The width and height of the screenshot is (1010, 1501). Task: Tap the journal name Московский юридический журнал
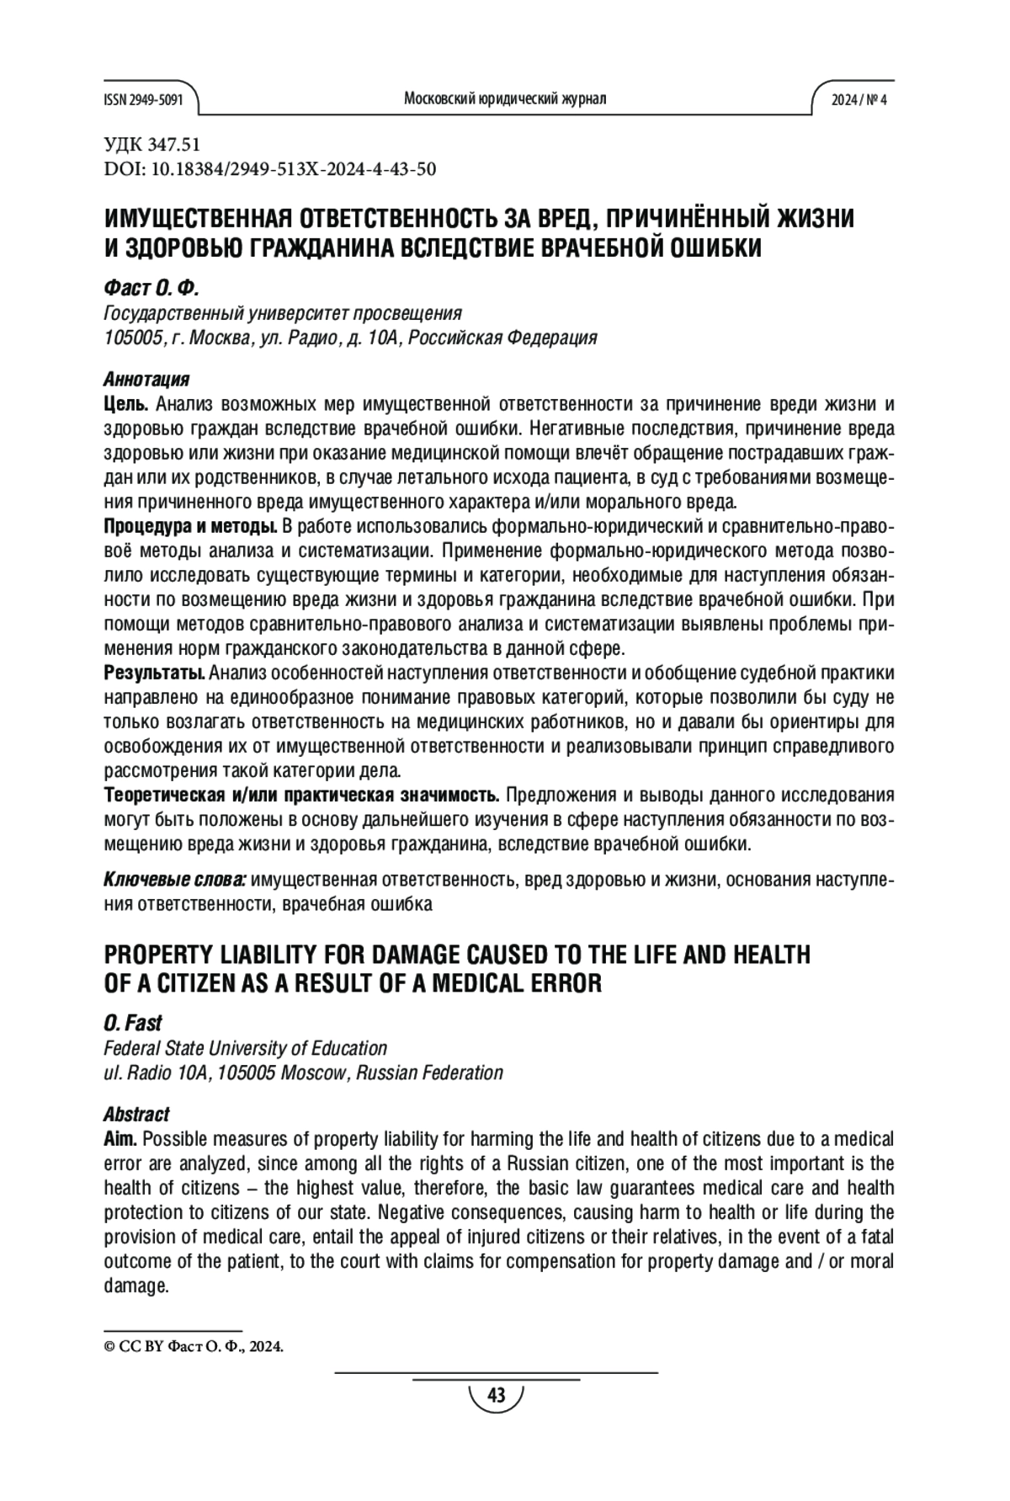(x=505, y=99)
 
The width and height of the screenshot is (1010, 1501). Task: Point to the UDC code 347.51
(x=151, y=145)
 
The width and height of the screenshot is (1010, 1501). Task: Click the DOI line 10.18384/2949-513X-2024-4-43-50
(x=269, y=169)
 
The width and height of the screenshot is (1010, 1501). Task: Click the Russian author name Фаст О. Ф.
(x=151, y=289)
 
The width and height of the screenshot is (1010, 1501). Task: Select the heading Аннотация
(x=146, y=379)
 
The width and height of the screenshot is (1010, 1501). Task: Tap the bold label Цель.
(x=126, y=404)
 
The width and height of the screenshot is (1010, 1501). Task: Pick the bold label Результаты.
(x=154, y=673)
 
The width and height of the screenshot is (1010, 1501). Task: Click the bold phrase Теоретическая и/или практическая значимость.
(x=301, y=796)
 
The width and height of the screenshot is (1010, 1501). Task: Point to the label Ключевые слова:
(x=174, y=881)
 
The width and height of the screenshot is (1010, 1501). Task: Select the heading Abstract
(x=136, y=1115)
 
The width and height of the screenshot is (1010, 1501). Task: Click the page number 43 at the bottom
(x=496, y=1397)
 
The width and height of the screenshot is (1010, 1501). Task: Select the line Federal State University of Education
(x=245, y=1048)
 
